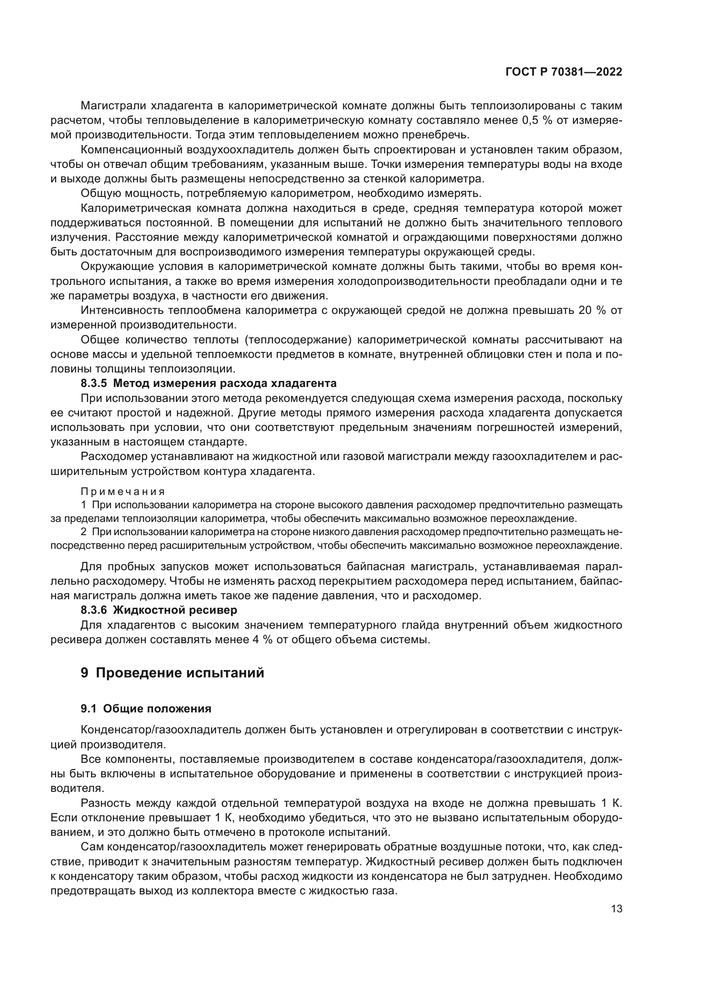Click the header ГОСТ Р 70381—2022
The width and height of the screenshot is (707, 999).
click(x=564, y=72)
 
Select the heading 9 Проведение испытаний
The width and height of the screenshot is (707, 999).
click(x=172, y=673)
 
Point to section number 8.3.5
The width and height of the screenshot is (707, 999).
click(x=94, y=383)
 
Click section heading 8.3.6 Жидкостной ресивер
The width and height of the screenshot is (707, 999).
click(x=159, y=610)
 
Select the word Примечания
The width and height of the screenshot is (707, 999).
click(x=123, y=492)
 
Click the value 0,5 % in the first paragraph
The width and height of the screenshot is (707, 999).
click(x=537, y=120)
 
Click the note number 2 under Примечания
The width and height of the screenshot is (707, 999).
click(x=84, y=532)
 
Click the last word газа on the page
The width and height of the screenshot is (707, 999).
click(x=384, y=891)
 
